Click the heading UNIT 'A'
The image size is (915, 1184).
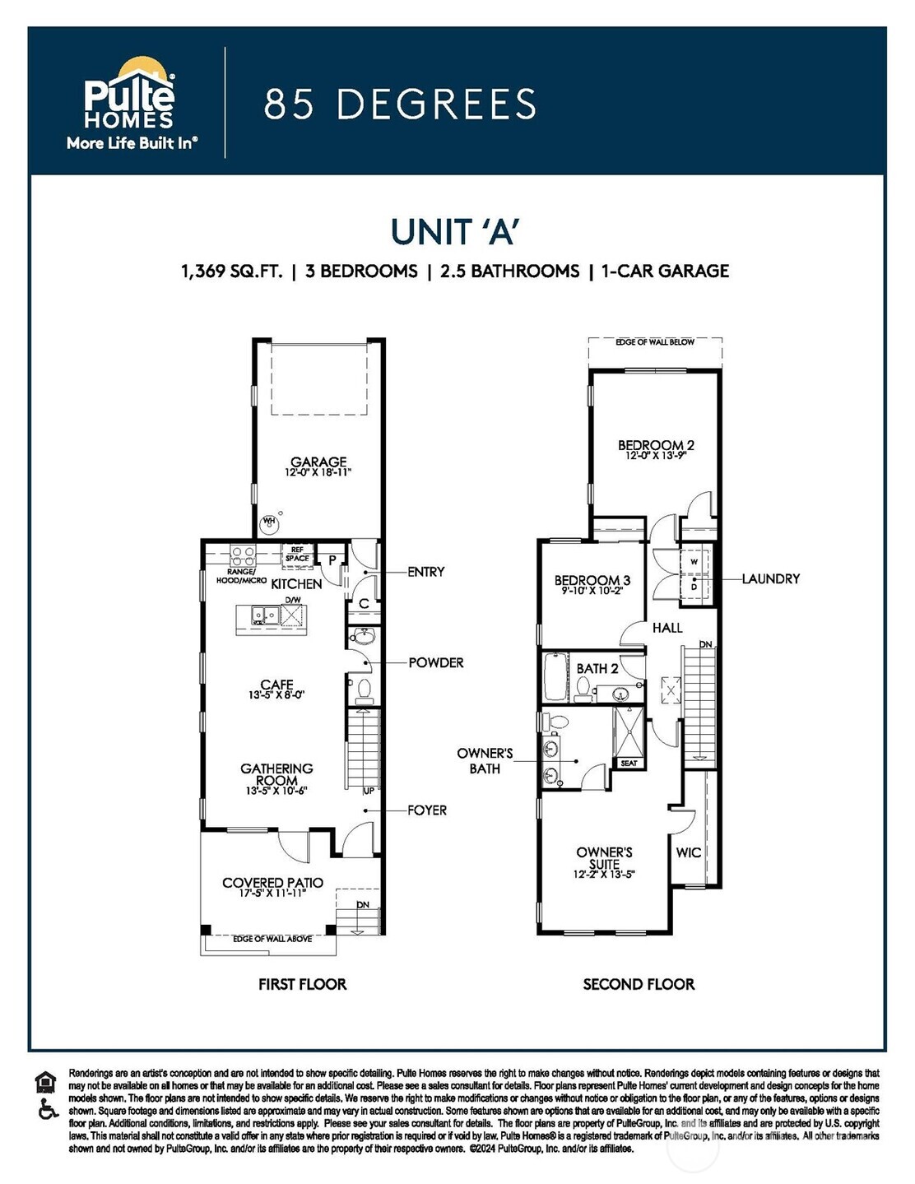click(454, 232)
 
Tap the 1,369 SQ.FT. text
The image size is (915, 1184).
click(231, 271)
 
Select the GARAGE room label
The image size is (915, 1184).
click(318, 462)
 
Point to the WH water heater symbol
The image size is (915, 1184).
click(269, 522)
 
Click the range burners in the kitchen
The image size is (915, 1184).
click(243, 555)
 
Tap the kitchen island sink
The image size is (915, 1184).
click(263, 615)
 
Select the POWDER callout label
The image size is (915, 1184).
click(436, 662)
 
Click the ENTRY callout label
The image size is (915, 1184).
click(425, 572)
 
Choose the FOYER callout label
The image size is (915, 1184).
click(427, 810)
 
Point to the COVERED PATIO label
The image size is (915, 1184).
click(272, 883)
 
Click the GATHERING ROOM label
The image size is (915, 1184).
click(276, 774)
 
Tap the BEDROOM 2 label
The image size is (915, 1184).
click(656, 446)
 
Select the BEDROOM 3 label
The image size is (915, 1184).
click(592, 580)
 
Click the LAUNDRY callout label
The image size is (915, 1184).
click(770, 579)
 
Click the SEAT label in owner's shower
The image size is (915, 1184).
click(629, 763)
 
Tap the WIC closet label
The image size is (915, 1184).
click(688, 852)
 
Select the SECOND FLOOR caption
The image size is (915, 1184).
click(639, 984)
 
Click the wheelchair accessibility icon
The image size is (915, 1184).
click(48, 1111)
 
